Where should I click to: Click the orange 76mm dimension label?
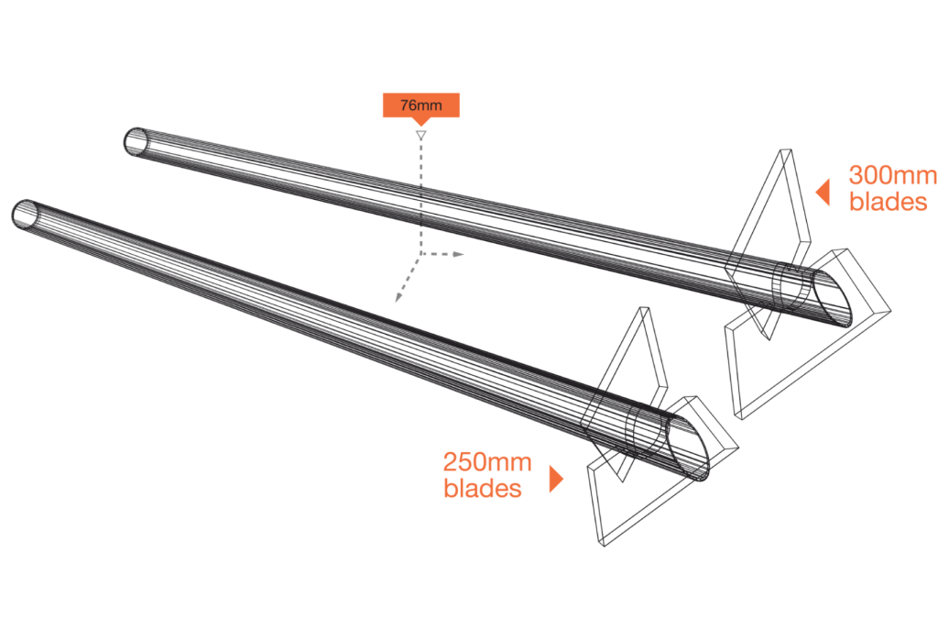pos(420,105)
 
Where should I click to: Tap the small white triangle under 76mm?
pos(420,135)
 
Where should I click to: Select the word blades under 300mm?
pos(888,202)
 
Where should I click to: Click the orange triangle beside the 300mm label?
pos(823,192)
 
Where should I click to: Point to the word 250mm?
pos(486,462)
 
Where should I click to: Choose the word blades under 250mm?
pos(483,489)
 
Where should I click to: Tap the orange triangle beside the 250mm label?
pos(555,479)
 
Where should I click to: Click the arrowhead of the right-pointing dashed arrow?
pos(462,253)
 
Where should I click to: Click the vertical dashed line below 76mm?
pos(420,193)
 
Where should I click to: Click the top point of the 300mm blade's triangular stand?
pos(784,151)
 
